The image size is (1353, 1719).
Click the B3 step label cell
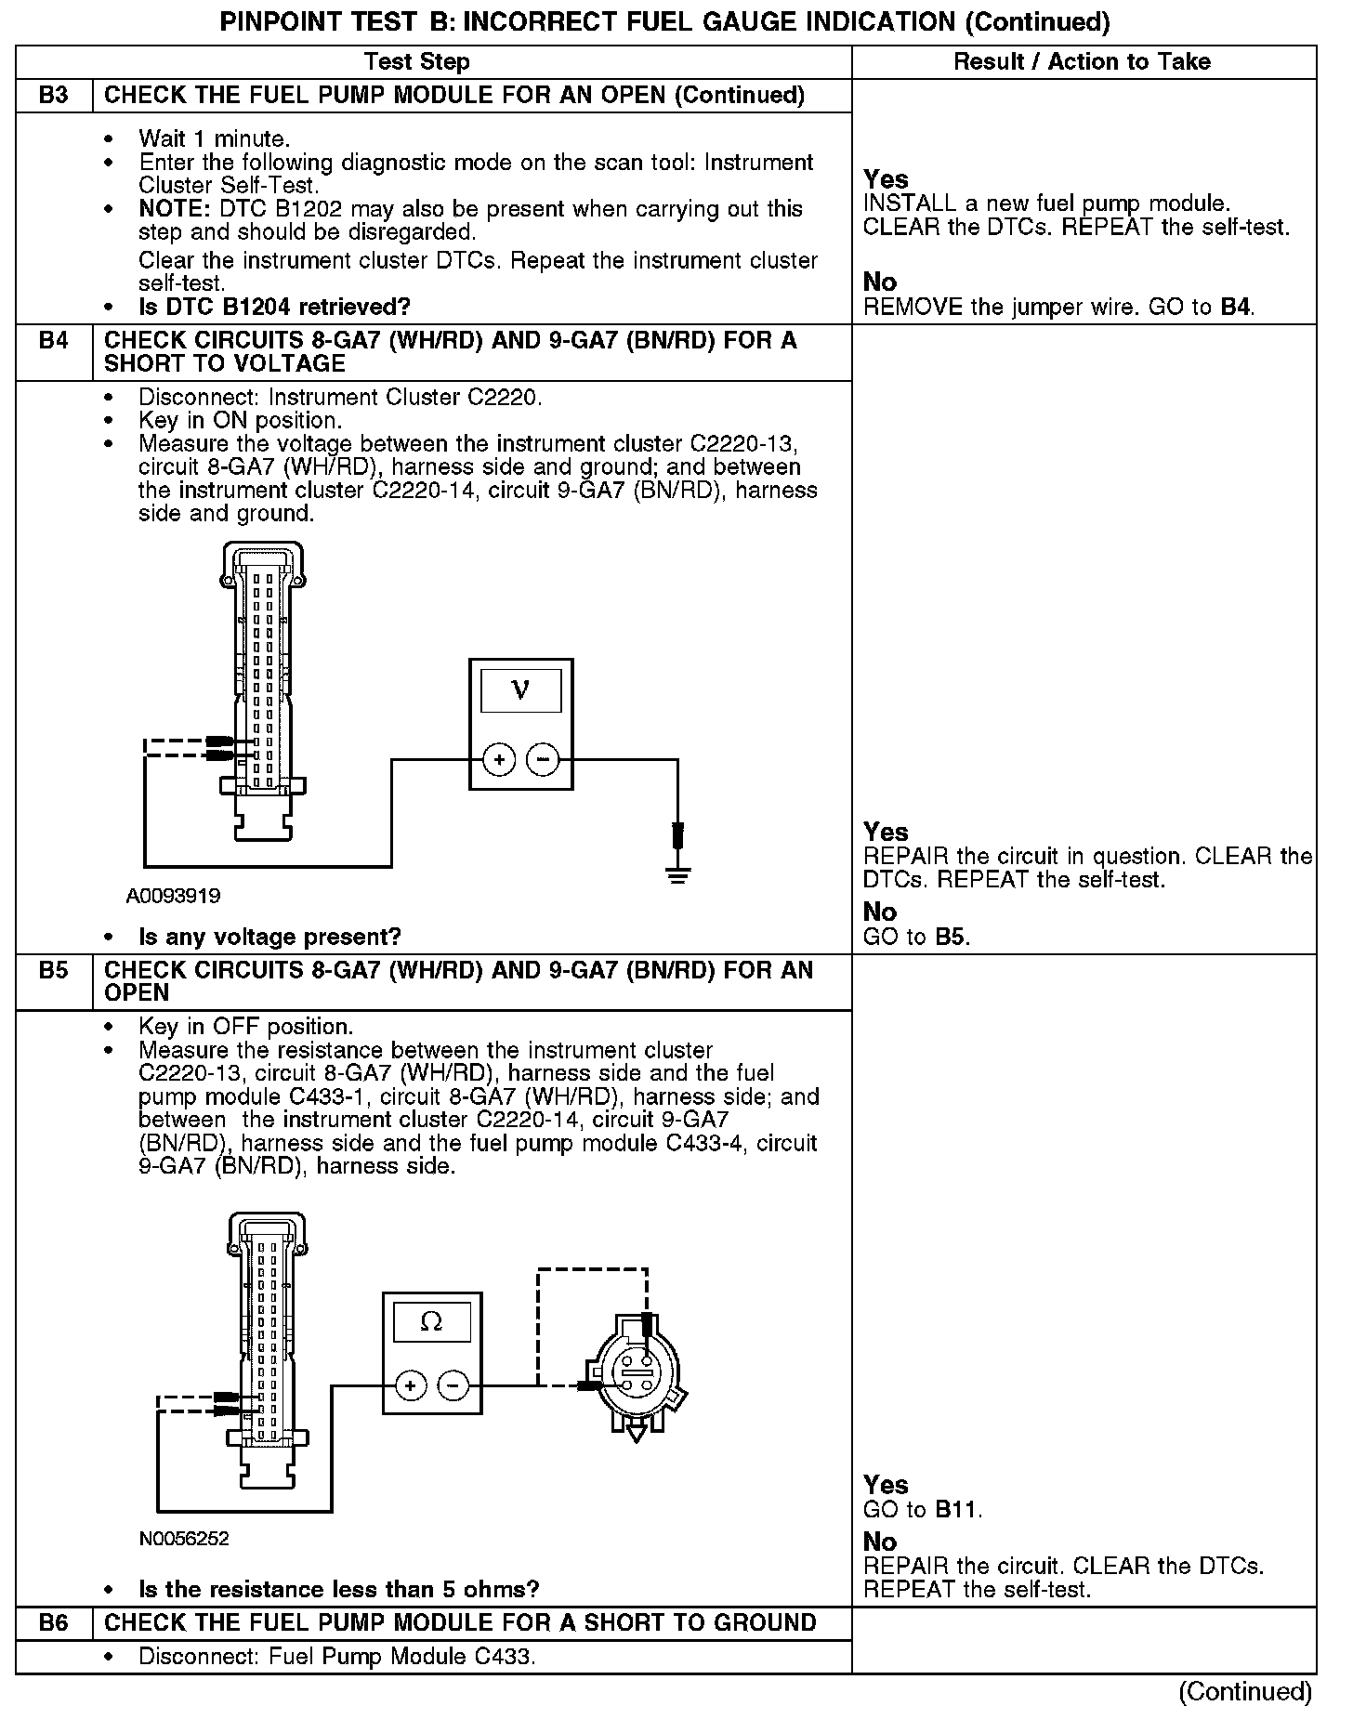54,96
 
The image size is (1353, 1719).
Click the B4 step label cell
54,341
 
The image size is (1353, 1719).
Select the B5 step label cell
54,971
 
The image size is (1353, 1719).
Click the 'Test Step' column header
417,62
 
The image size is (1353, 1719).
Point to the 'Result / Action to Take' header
1083,62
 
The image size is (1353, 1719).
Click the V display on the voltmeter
520,690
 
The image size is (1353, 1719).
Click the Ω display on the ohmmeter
432,1321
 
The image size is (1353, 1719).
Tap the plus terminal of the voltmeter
499,760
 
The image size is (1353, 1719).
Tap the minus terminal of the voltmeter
543,760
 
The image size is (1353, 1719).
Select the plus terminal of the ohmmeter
411,1386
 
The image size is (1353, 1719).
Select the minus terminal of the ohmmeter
453,1386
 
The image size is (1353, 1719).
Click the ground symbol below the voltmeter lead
678,875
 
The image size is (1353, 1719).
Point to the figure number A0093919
174,897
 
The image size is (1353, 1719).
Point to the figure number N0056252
184,1538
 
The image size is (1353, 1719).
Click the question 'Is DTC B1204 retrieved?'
274,308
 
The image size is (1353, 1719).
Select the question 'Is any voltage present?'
269,937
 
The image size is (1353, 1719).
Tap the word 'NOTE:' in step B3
171,209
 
